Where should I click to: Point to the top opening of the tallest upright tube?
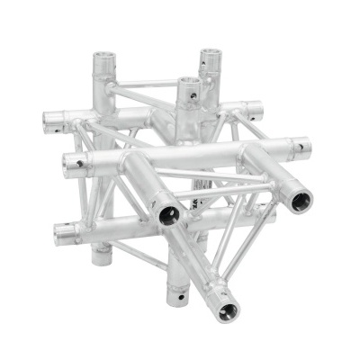pos(210,57)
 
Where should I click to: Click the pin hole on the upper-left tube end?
pos(56,127)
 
